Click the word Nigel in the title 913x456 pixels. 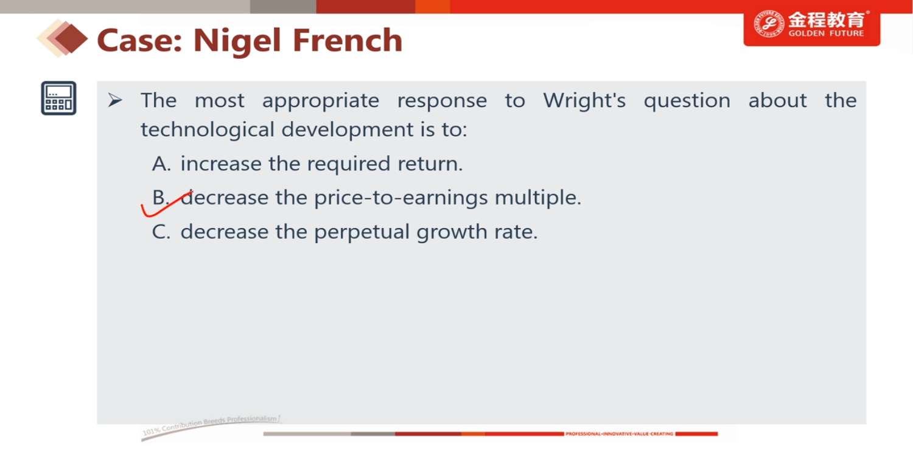(x=237, y=41)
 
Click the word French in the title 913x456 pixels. (x=348, y=40)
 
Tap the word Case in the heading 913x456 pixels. (x=139, y=40)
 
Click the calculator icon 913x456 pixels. (x=58, y=98)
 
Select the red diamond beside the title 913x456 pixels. (x=71, y=39)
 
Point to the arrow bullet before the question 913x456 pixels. (x=115, y=100)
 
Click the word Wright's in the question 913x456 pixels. (x=584, y=100)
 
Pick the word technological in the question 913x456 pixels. (x=207, y=130)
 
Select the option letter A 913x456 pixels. (x=161, y=164)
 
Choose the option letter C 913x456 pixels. (x=161, y=232)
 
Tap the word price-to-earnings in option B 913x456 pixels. (x=401, y=198)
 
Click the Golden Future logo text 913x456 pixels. (x=826, y=24)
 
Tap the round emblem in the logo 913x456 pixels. (x=768, y=24)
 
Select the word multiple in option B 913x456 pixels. (x=537, y=198)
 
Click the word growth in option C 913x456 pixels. (x=452, y=232)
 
